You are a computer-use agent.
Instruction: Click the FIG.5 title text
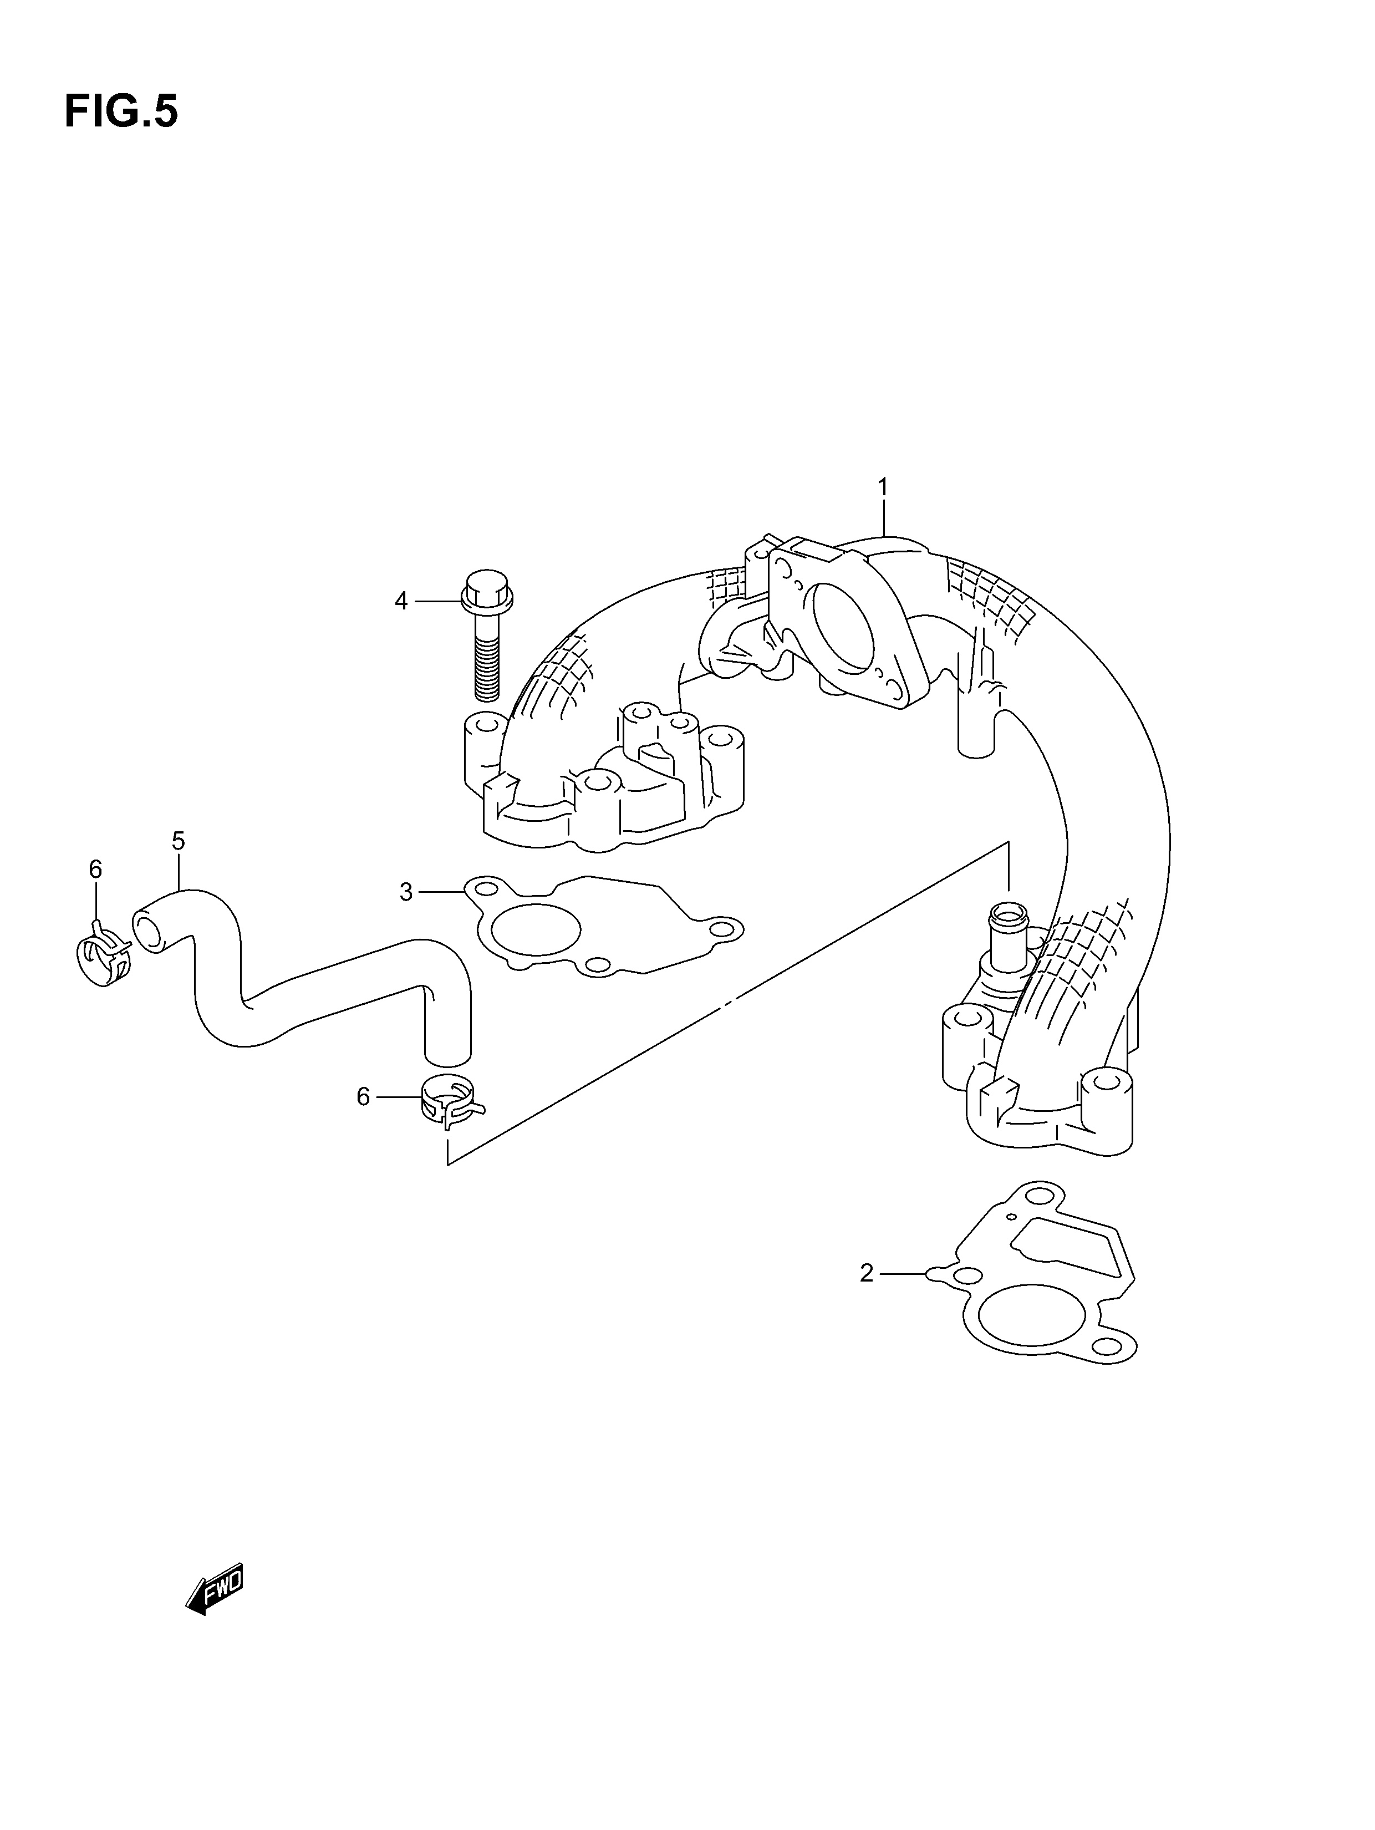coord(121,111)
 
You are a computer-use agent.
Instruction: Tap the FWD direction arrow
coord(214,1589)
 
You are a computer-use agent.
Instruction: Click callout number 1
coord(883,487)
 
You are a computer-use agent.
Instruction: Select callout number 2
coord(866,1273)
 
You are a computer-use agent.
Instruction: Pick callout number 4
coord(401,602)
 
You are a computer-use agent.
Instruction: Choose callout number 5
coord(178,841)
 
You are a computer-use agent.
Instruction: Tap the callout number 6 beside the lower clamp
coord(363,1097)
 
